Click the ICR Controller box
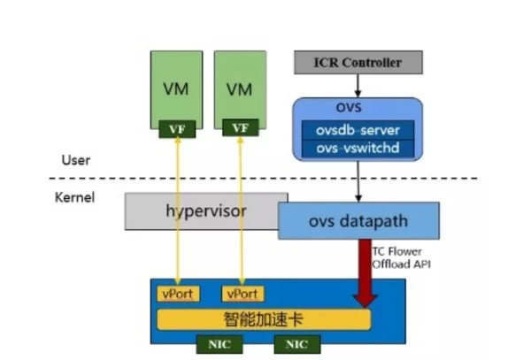[x=358, y=63]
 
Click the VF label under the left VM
[x=176, y=129]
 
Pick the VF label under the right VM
[x=240, y=129]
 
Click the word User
[x=76, y=160]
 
